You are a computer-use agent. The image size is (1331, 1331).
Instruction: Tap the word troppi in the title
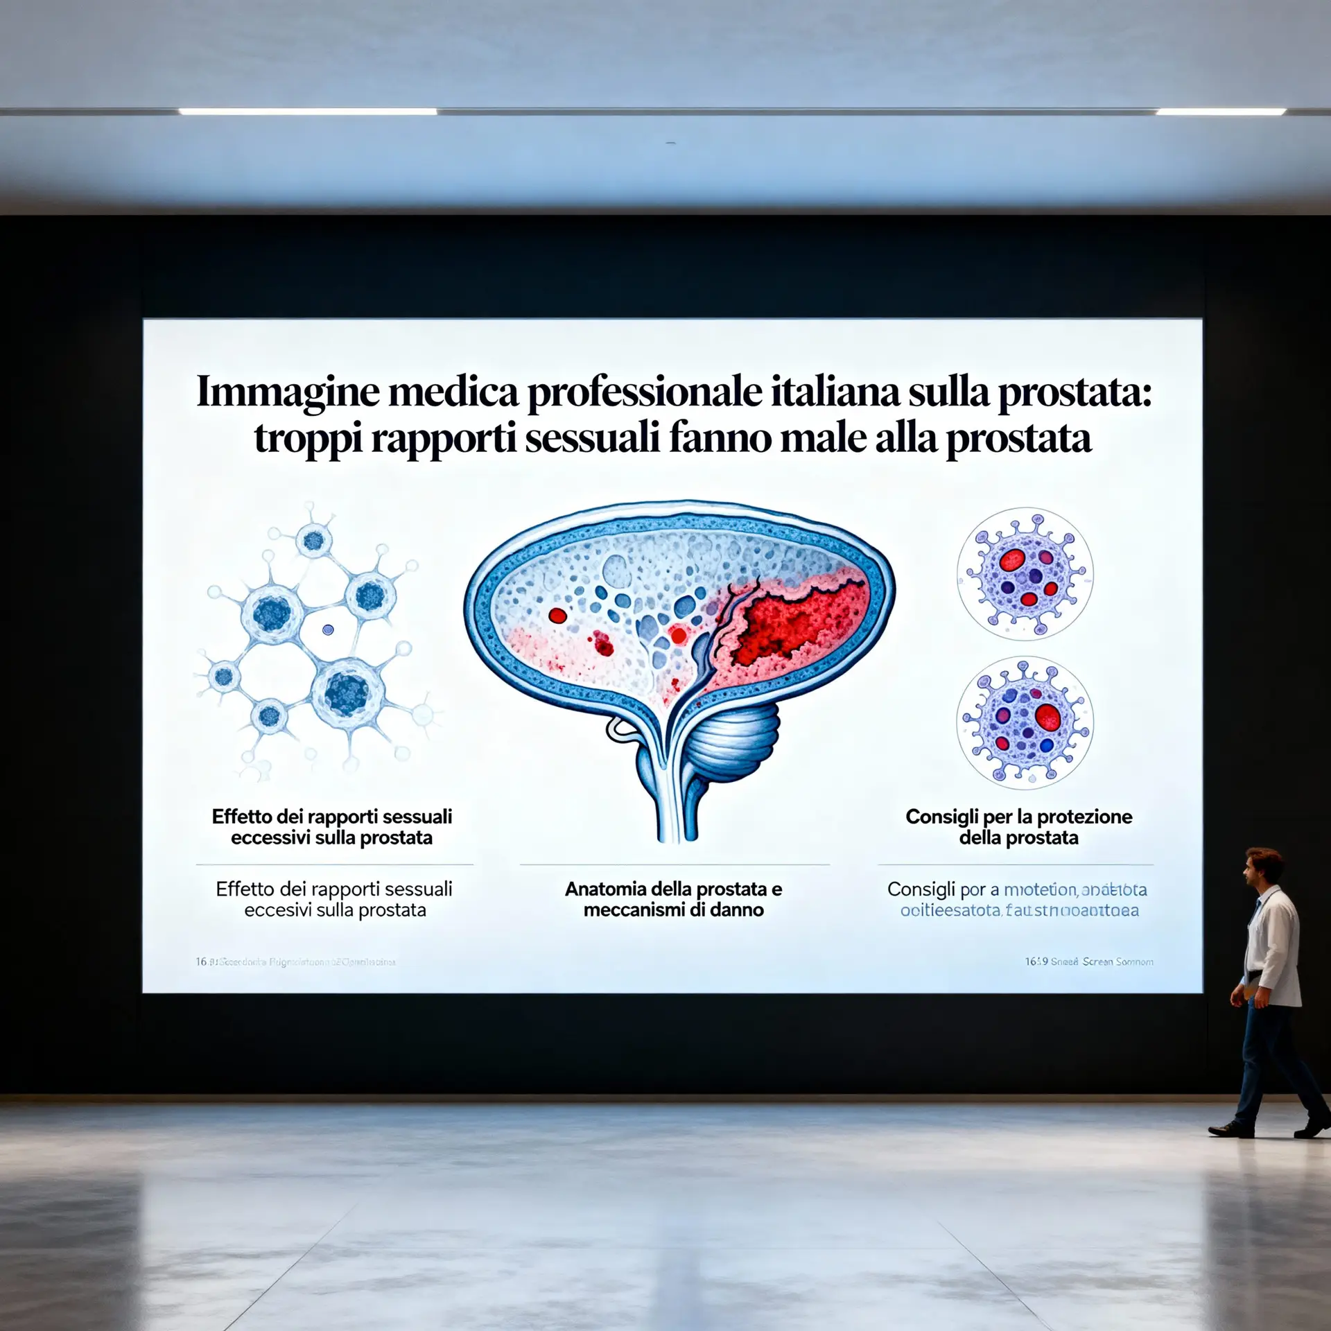pyautogui.click(x=307, y=439)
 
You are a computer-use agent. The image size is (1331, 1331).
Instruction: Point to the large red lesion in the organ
pyautogui.click(x=797, y=624)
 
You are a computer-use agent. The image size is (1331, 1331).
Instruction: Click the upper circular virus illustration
pyautogui.click(x=1025, y=574)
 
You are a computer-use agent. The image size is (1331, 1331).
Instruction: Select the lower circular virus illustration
pyautogui.click(x=1025, y=722)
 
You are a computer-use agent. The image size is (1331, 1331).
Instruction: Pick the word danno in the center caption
pyautogui.click(x=736, y=910)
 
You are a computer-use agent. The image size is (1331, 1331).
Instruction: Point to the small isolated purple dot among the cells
pyautogui.click(x=328, y=629)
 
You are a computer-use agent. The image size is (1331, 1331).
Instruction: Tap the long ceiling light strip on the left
pyautogui.click(x=308, y=111)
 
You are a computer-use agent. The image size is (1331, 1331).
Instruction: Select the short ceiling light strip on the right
pyautogui.click(x=1220, y=111)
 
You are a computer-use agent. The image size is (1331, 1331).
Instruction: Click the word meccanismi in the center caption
pyautogui.click(x=624, y=910)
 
